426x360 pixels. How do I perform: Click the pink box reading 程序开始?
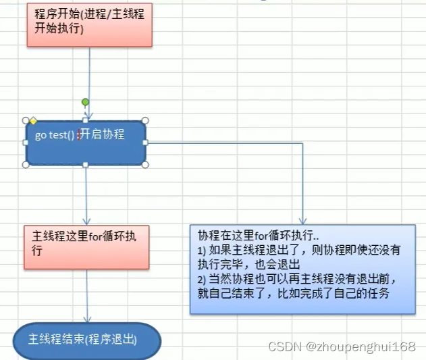pos(90,25)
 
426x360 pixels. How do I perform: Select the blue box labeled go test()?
pos(86,143)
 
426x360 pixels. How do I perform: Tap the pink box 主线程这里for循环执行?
pos(86,247)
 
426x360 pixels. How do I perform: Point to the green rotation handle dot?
pos(85,102)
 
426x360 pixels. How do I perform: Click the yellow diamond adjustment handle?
pos(33,121)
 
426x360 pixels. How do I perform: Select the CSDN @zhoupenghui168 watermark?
pos(342,346)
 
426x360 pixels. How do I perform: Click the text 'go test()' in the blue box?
pos(54,135)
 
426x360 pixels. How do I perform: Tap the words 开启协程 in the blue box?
pos(103,134)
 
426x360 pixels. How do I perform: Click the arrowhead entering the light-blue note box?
pos(302,221)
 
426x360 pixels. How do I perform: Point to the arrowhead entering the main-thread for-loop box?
pos(86,222)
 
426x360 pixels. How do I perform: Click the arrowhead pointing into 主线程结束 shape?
pos(87,319)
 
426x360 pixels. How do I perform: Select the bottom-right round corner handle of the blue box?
pos(145,165)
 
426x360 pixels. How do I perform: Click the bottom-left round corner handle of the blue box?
pos(26,165)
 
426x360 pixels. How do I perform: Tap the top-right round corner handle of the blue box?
pos(145,120)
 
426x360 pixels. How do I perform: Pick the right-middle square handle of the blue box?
pos(145,143)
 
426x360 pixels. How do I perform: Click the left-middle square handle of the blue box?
pos(26,143)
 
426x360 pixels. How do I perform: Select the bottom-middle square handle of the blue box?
pos(86,165)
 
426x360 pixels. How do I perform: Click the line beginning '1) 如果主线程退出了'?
pos(299,250)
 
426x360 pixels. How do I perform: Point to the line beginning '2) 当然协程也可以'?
pos(296,279)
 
